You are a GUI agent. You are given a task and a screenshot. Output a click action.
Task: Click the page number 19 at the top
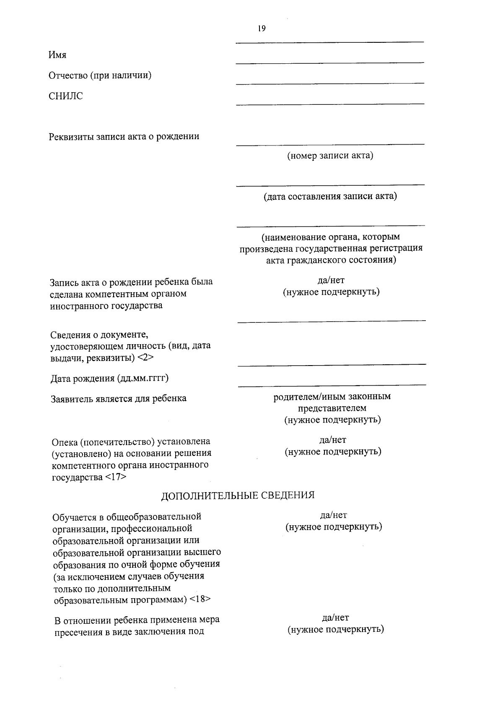pyautogui.click(x=262, y=29)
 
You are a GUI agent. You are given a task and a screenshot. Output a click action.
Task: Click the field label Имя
pyautogui.click(x=57, y=55)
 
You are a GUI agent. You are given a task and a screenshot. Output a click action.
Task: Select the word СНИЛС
pyautogui.click(x=66, y=96)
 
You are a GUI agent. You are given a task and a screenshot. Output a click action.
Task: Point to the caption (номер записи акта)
pyautogui.click(x=330, y=156)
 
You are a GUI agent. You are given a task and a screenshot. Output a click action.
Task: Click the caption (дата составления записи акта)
pyautogui.click(x=330, y=196)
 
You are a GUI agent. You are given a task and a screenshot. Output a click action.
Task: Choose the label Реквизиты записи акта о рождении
pyautogui.click(x=124, y=137)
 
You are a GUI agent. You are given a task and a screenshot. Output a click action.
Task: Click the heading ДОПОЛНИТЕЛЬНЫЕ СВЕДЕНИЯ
pyautogui.click(x=238, y=495)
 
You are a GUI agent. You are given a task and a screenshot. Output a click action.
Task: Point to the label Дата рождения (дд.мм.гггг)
pyautogui.click(x=109, y=379)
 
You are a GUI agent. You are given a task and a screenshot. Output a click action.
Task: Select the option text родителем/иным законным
pyautogui.click(x=332, y=397)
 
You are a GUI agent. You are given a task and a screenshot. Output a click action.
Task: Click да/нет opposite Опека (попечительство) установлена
pyautogui.click(x=333, y=440)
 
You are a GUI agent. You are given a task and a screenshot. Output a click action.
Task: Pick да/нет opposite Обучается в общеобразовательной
pyautogui.click(x=333, y=515)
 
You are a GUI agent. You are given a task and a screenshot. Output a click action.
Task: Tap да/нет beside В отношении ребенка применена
pyautogui.click(x=335, y=618)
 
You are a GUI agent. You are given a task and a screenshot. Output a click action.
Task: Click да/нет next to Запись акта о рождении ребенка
pyautogui.click(x=331, y=280)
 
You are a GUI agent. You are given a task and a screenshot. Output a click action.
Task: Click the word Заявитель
pyautogui.click(x=70, y=398)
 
